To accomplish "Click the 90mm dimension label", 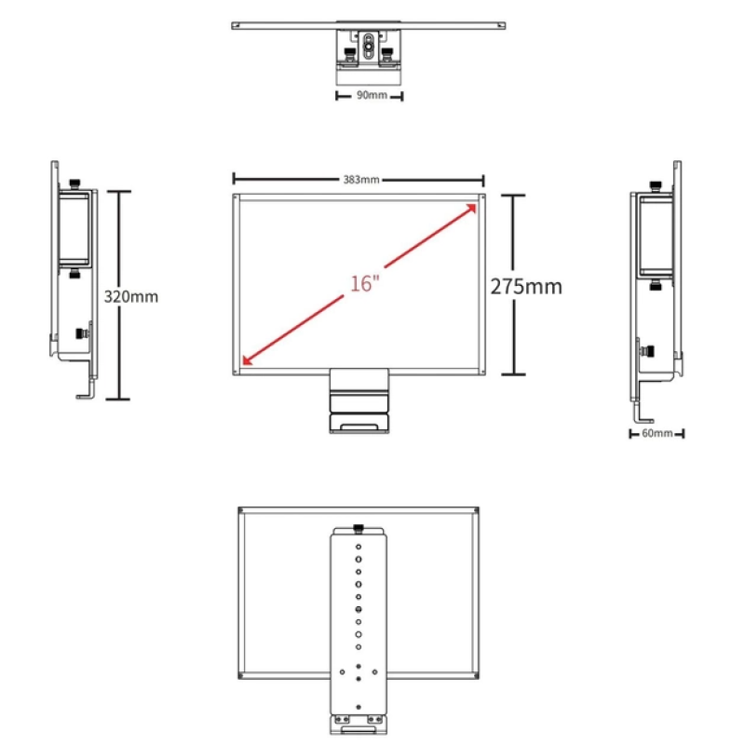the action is tap(372, 95).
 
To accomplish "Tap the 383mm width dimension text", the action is tap(361, 180).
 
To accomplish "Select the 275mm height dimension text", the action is tap(526, 287).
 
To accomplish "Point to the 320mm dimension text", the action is tap(131, 296).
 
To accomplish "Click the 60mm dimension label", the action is tap(657, 433).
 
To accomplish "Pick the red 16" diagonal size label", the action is tap(365, 284).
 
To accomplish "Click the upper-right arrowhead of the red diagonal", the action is tap(471, 208).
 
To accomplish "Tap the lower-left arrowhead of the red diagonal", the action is tap(247, 361).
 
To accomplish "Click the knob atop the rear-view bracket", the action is tap(359, 528).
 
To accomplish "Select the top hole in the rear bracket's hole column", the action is tap(359, 547).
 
